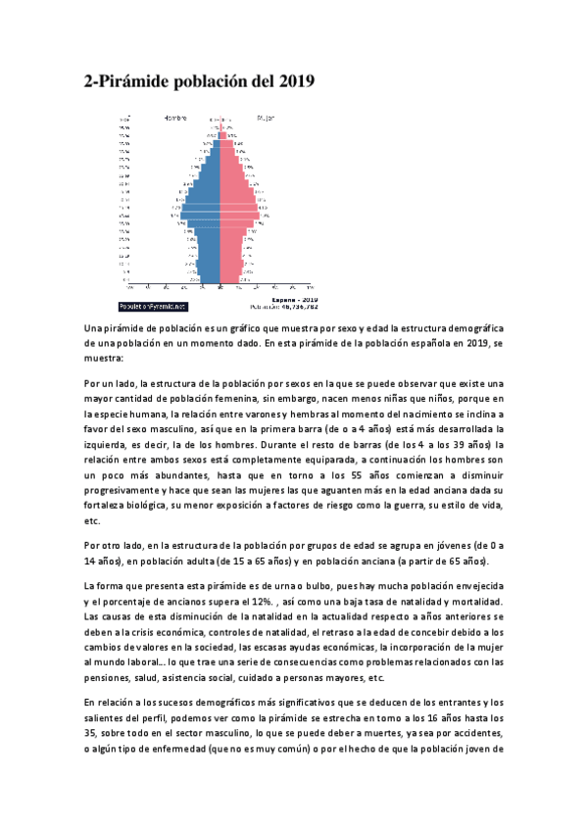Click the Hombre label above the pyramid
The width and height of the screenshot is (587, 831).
coord(175,118)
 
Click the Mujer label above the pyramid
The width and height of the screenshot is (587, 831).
coord(266,118)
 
